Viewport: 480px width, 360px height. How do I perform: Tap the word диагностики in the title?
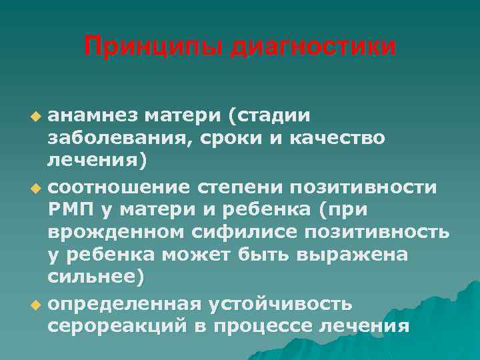coord(313,47)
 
